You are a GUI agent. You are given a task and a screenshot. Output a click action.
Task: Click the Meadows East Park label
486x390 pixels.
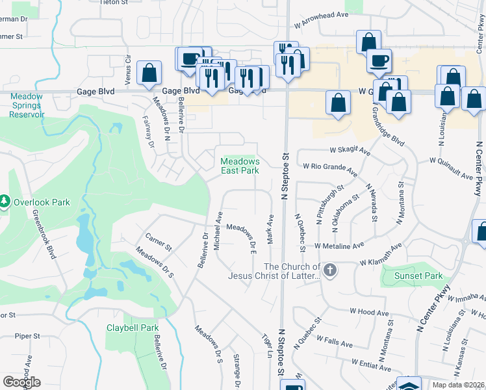[x=240, y=166]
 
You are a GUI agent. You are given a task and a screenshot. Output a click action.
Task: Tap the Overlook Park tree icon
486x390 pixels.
[x=6, y=202]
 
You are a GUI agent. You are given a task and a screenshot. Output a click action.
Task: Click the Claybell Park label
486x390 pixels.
[x=133, y=328]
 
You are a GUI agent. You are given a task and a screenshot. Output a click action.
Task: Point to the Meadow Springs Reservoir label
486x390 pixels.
[x=26, y=105]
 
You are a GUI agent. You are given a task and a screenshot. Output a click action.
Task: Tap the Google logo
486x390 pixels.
[x=21, y=382]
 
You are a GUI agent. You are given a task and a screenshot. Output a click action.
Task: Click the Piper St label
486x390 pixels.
[x=28, y=336]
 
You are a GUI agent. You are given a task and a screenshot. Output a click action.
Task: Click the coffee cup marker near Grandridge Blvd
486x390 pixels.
[x=379, y=62]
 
